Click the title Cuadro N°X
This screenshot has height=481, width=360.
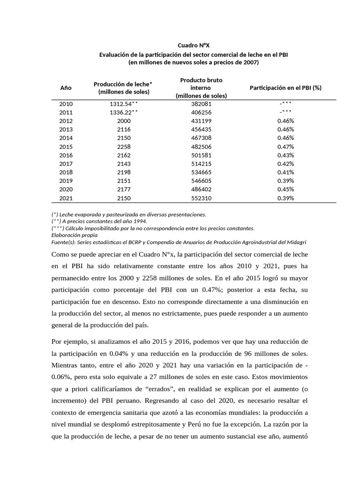point(194,45)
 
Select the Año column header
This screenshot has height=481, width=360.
point(66,87)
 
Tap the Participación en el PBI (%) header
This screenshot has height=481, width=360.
point(285,87)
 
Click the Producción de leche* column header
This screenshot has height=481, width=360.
point(124,87)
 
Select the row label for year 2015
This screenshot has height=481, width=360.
point(66,147)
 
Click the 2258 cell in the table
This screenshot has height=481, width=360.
point(124,147)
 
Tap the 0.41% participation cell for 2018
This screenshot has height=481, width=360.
point(285,172)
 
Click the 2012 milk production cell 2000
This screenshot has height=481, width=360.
point(124,121)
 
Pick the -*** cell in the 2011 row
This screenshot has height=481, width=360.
point(285,112)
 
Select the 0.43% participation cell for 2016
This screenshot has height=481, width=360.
point(285,155)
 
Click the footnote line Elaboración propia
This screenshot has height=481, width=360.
point(75,235)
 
